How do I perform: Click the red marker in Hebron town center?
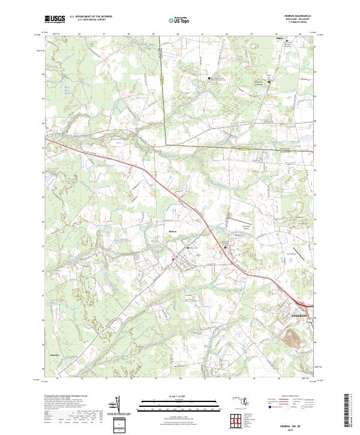pos(174,259)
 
